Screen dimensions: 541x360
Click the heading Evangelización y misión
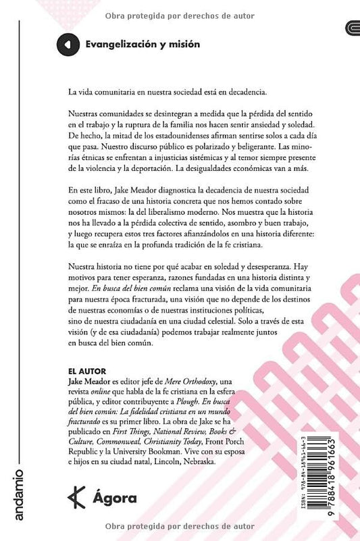click(x=143, y=45)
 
